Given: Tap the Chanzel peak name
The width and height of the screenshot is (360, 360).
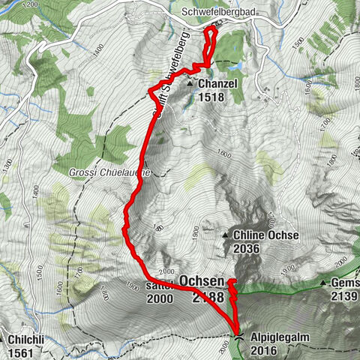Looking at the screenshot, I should pos(217,84).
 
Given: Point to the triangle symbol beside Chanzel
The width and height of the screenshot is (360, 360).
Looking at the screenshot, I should pos(190,84).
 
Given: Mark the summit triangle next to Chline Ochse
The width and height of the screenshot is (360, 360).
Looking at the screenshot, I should pos(225,235).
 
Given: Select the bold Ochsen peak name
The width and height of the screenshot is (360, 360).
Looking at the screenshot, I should pos(202,281).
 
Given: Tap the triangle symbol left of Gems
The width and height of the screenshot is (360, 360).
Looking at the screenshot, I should pos(323,283).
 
